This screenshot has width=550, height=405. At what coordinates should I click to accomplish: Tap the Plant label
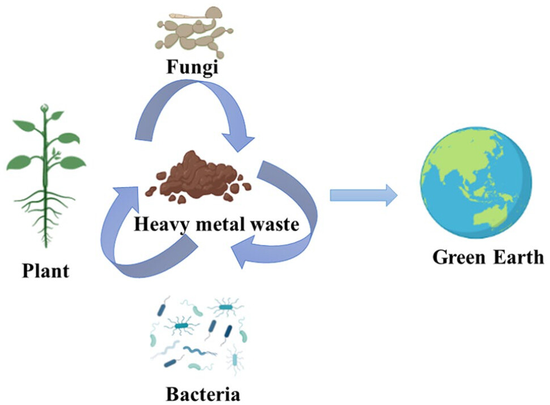[x=45, y=270]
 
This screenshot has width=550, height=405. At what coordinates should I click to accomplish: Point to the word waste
[x=275, y=225]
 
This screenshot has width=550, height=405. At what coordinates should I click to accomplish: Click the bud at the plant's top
[x=44, y=108]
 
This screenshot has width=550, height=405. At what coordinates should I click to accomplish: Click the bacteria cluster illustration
[x=198, y=335]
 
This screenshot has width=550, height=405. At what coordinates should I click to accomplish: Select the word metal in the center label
[x=218, y=225]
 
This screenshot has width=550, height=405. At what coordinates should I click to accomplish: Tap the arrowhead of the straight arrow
[x=391, y=195]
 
